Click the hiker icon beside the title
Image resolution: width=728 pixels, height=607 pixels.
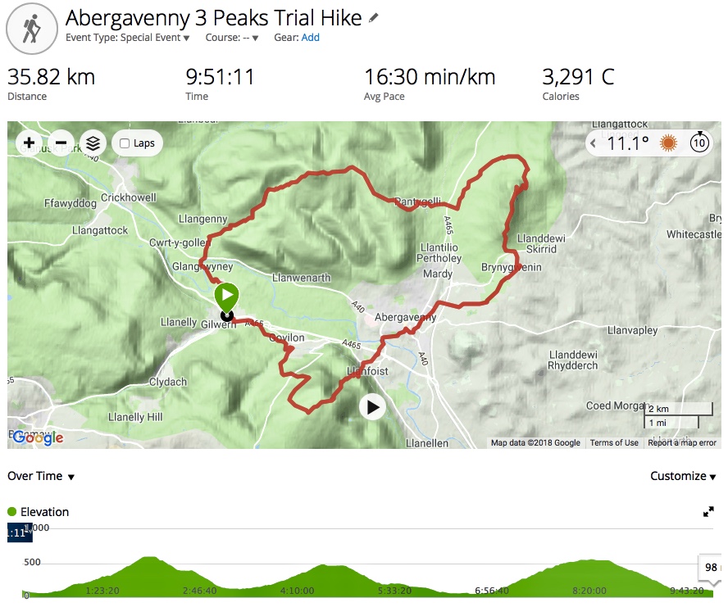point(31,29)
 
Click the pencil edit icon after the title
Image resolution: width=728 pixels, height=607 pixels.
point(374,17)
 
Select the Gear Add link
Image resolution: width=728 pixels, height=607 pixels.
point(310,38)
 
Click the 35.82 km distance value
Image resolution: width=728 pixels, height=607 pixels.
point(51,78)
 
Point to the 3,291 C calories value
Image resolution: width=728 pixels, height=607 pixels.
point(578,78)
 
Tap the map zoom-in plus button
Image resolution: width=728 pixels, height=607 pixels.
point(30,143)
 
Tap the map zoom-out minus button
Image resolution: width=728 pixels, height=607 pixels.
point(61,143)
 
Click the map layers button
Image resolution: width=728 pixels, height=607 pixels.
point(93,143)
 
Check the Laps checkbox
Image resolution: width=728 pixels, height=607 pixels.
point(125,143)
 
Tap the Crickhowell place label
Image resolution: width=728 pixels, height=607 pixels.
point(128,198)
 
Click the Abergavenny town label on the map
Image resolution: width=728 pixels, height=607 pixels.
point(405,317)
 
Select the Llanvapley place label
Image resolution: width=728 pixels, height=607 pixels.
point(633,331)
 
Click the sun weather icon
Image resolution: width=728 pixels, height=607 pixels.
point(669,143)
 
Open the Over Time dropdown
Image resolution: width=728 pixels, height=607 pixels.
point(41,477)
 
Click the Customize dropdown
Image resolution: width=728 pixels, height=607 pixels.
point(682,477)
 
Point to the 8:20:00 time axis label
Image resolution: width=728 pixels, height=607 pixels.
point(589,591)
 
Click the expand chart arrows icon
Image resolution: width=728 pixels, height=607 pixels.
point(708,512)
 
